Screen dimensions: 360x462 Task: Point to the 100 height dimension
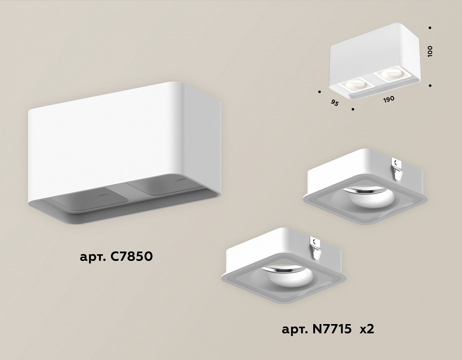click(430, 50)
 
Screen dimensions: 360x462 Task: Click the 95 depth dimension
click(335, 103)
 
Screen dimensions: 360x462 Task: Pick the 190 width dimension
click(389, 98)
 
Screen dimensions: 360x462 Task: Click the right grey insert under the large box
click(160, 187)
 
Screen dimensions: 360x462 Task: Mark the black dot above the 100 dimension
click(431, 28)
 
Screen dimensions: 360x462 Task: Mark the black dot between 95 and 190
click(353, 108)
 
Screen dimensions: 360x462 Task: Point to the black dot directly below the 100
click(431, 85)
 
